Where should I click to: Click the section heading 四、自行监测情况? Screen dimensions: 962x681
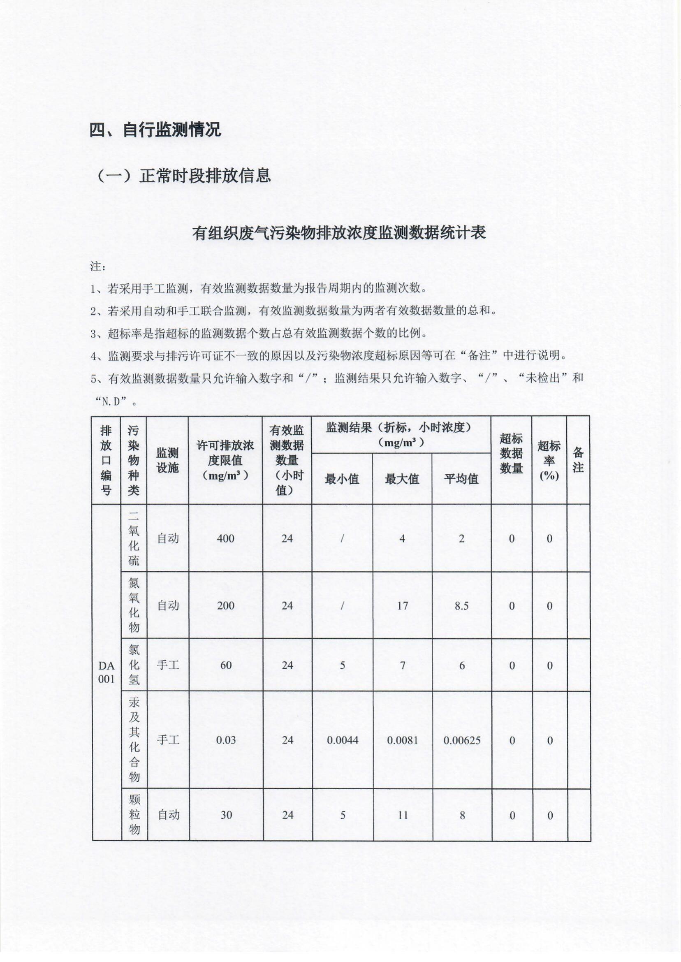(x=155, y=130)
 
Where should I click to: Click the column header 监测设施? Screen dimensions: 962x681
(x=168, y=460)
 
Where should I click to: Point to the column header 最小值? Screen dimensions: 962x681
(x=342, y=479)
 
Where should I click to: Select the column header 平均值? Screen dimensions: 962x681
(x=461, y=479)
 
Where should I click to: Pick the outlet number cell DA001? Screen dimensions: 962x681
(x=106, y=672)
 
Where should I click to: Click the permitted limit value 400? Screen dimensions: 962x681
(x=226, y=538)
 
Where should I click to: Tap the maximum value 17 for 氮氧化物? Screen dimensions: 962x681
(x=402, y=605)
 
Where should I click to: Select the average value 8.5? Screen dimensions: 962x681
(x=461, y=605)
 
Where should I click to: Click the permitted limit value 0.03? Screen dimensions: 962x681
(x=226, y=740)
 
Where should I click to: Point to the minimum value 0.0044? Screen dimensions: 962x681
(x=342, y=740)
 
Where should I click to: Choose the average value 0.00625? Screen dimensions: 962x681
(x=462, y=740)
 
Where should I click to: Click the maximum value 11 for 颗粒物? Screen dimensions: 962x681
(x=403, y=815)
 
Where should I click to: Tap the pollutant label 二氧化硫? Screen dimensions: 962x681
(x=134, y=538)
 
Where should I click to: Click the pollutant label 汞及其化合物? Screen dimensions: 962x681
(x=134, y=740)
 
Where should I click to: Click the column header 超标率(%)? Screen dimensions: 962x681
(x=549, y=460)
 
